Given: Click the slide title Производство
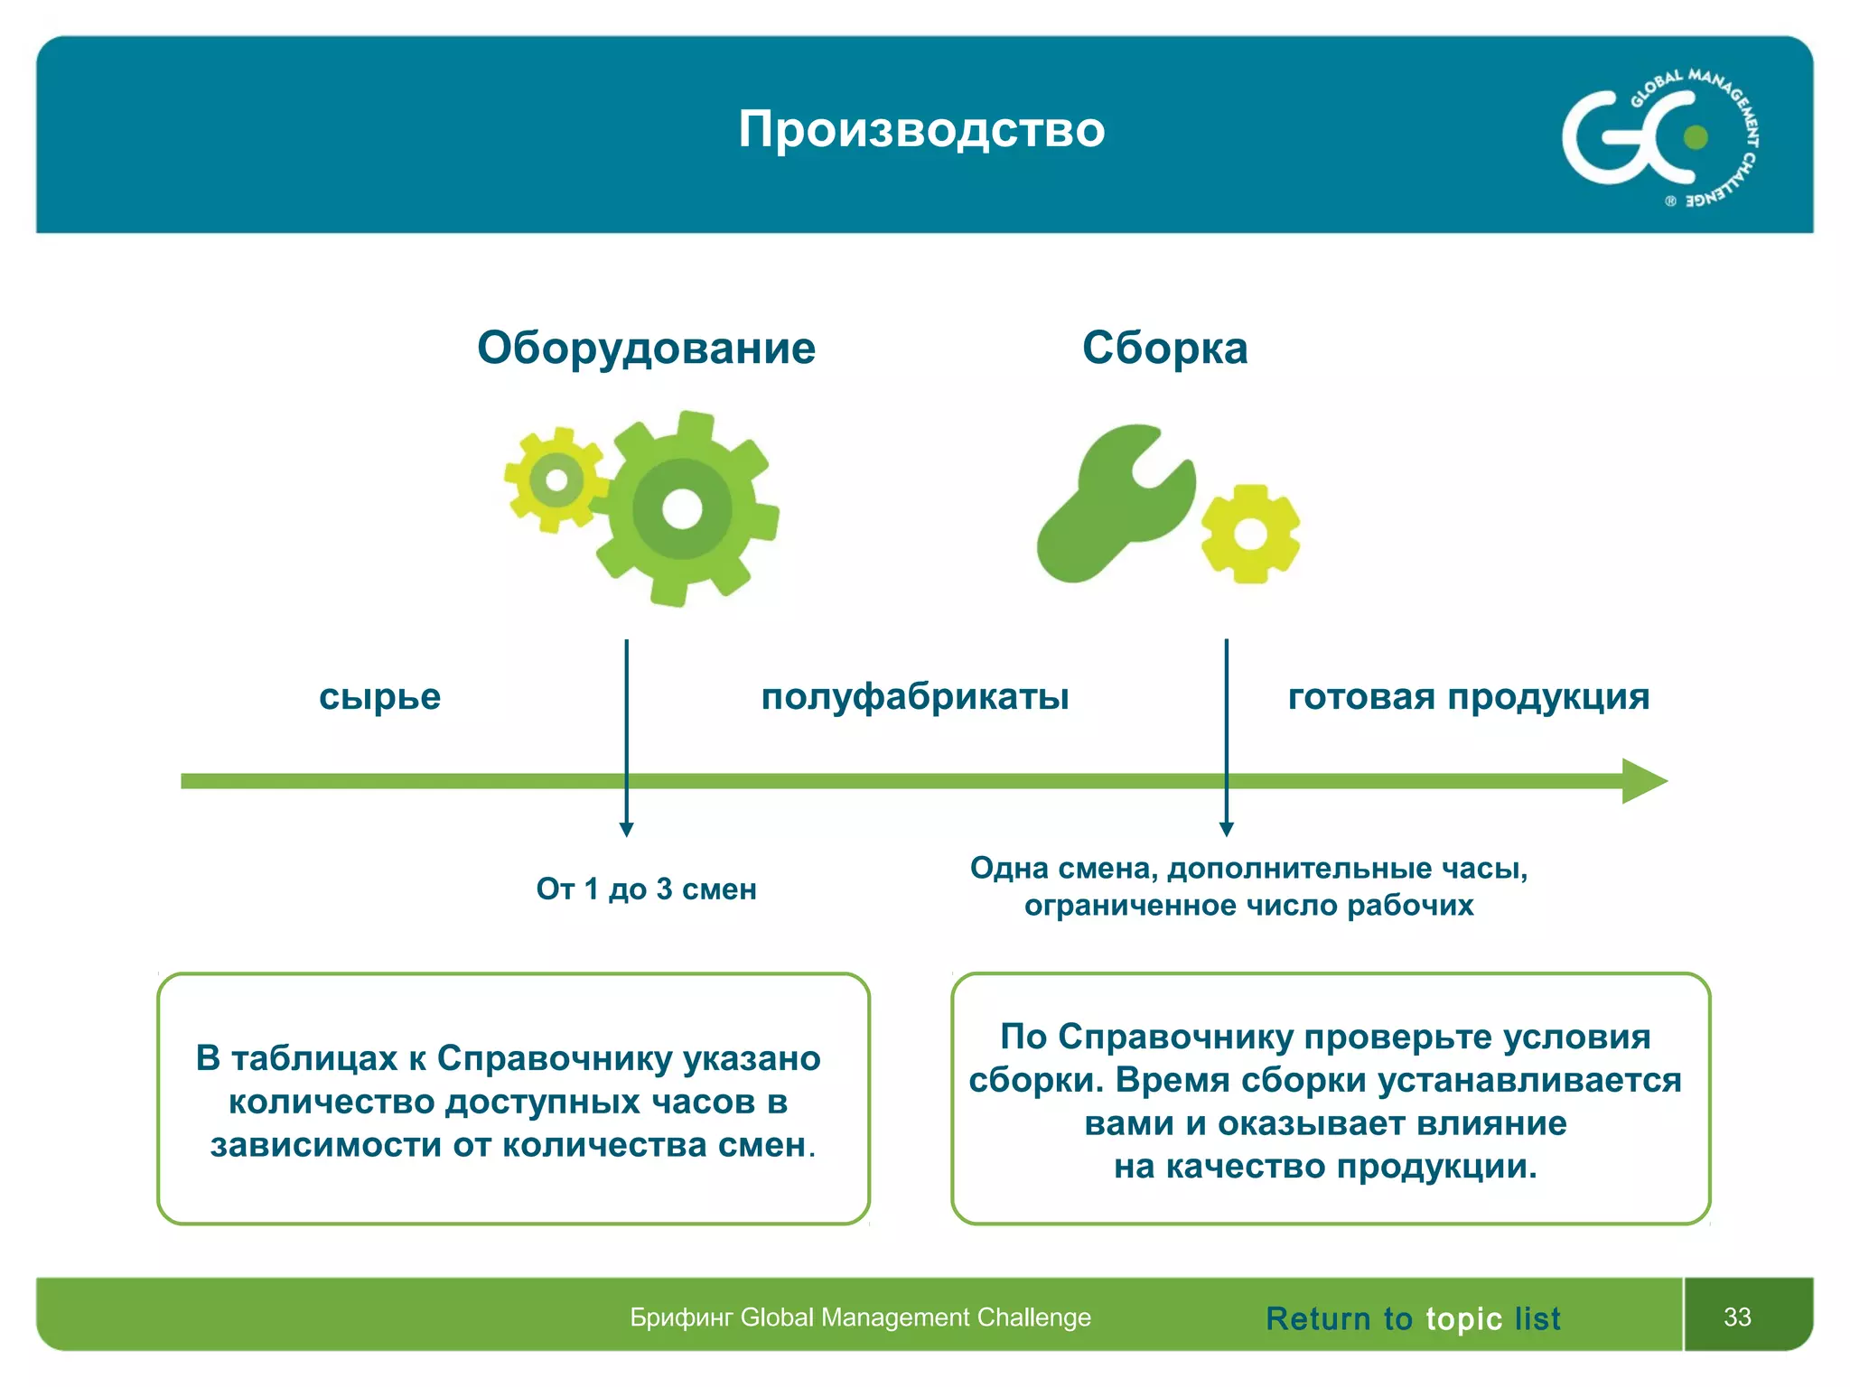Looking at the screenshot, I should point(921,129).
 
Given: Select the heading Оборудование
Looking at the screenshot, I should point(646,349).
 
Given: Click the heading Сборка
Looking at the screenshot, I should point(1164,349).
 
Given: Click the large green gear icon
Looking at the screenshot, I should point(683,509).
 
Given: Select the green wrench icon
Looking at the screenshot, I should point(1114,507).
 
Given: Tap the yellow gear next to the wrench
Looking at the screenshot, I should point(1251,534).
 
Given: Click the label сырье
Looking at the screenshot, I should point(379,697).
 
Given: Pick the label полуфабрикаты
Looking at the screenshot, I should point(915,697).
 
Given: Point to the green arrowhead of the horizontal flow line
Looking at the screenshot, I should point(1643,781).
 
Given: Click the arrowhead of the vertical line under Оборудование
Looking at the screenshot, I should point(626,829).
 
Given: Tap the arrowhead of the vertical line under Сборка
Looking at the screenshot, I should point(1226,829).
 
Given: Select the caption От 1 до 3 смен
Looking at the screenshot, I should point(646,889).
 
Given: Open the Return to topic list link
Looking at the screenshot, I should point(1413,1318).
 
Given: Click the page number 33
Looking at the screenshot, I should point(1737,1317).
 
